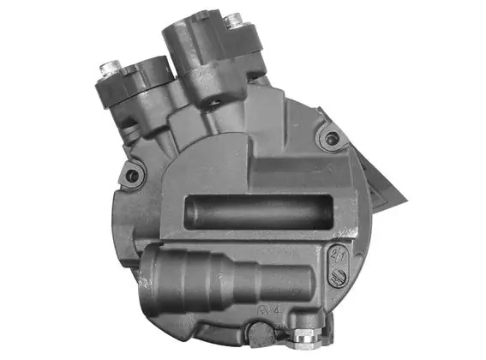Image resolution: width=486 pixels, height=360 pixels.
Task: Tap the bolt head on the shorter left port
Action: coord(110,66)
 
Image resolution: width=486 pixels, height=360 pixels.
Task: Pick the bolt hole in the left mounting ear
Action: coord(132,177)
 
